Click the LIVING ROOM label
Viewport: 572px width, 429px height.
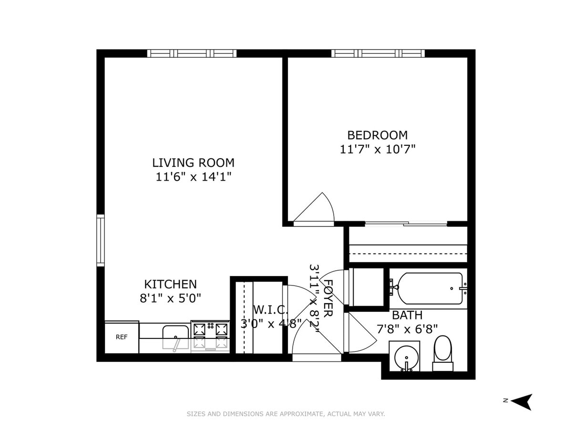(193, 163)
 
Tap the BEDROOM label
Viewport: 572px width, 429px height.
(377, 135)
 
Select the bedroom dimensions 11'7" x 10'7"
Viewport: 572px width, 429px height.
(378, 149)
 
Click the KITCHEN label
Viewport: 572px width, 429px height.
(170, 284)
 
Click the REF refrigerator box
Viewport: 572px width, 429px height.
(122, 337)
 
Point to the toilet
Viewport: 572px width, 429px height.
(443, 352)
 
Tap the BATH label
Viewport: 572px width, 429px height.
(407, 315)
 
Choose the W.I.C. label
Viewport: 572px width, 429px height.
(270, 310)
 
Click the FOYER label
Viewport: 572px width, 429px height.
(328, 299)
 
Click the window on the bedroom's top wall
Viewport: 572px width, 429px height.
(378, 53)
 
